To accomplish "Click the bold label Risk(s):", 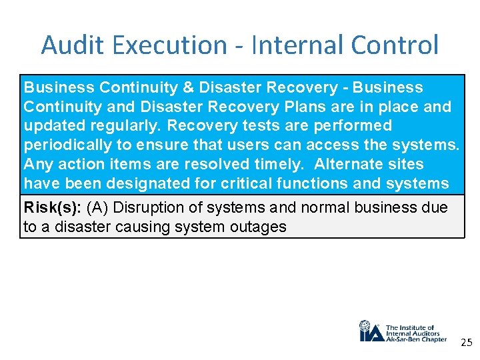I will pos(52,207).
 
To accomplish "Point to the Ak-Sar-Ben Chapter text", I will pos(417,339).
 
